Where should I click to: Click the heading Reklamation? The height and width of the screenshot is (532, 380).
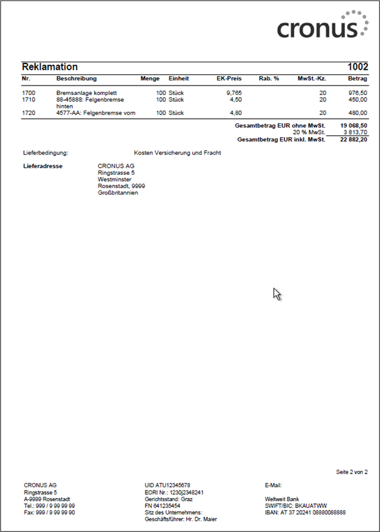(x=50, y=67)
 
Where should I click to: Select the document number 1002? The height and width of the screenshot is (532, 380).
(x=357, y=67)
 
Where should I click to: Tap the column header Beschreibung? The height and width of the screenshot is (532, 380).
(x=76, y=79)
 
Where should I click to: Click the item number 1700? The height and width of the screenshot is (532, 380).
(x=29, y=92)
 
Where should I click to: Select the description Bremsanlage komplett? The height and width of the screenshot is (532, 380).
(x=86, y=92)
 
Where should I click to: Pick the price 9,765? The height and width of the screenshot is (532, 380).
(x=234, y=92)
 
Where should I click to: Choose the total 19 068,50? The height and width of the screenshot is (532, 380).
(x=354, y=126)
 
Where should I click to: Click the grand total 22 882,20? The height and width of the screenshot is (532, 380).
(x=354, y=139)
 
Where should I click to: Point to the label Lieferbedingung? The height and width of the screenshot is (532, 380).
(x=45, y=153)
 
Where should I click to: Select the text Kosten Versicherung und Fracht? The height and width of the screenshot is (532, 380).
(x=177, y=153)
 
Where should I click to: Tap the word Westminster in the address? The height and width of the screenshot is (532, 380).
(x=115, y=179)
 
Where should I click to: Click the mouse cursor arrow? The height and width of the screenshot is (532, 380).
(x=276, y=294)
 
